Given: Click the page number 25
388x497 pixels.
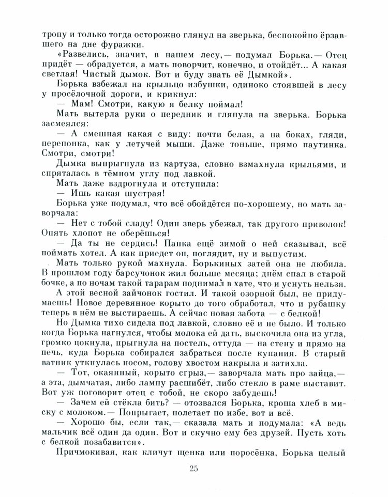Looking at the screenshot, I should [194, 469].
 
